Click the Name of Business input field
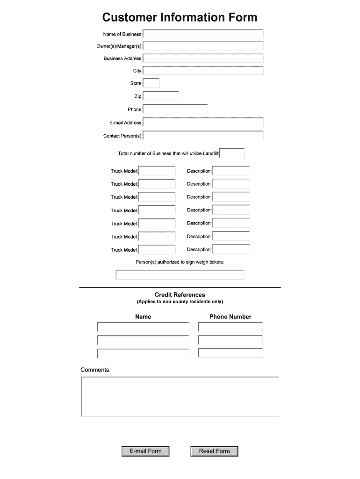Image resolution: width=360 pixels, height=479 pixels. tap(203, 34)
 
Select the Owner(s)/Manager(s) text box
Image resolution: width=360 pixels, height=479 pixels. tap(203, 46)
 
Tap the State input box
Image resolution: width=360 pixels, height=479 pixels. tap(151, 83)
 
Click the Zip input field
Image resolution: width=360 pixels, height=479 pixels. tap(161, 96)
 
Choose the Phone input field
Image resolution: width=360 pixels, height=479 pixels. tap(175, 109)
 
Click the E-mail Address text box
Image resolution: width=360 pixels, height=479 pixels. tap(203, 123)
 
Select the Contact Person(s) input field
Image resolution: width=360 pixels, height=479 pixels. tap(203, 136)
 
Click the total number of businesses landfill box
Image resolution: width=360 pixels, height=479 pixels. tap(232, 153)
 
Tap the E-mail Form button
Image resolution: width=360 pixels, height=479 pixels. tap(145, 451)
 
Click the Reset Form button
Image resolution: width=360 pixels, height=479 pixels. tap(214, 451)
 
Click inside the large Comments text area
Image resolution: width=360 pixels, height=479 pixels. tap(180, 397)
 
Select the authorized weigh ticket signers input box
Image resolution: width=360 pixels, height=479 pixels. tap(180, 275)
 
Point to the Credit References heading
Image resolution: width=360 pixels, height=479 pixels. tap(180, 295)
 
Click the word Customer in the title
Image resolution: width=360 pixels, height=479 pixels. tap(130, 18)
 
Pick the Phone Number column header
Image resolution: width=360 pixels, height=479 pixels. tap(230, 317)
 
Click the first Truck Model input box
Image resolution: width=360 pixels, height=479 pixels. tap(157, 171)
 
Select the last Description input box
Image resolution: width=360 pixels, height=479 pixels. tap(231, 250)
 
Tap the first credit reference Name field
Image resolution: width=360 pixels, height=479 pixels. tap(143, 327)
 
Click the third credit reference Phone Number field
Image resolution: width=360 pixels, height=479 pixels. tap(230, 354)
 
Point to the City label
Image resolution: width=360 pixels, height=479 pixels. tap(137, 71)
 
